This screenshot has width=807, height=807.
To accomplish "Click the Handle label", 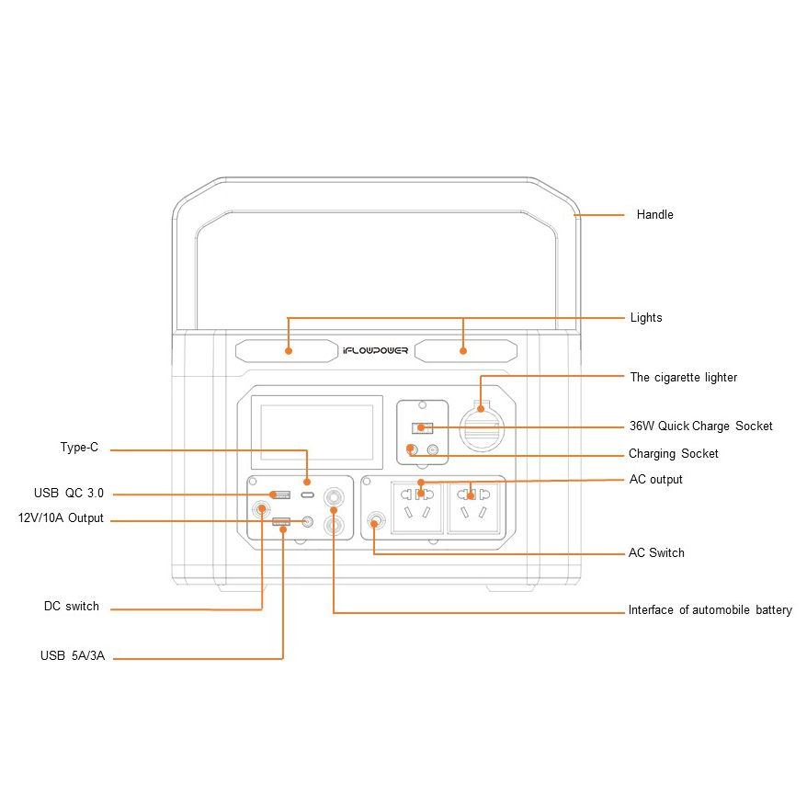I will tap(654, 215).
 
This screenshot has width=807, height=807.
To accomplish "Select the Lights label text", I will tap(645, 318).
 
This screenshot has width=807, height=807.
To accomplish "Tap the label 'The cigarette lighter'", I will tap(683, 378).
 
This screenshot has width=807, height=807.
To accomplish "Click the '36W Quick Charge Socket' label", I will tap(700, 426).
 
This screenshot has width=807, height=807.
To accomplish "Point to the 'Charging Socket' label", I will tap(673, 454).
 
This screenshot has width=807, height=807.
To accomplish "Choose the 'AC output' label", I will tap(655, 480).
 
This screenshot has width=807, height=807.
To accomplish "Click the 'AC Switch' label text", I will tap(656, 553).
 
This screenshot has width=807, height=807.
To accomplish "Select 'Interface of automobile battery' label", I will tap(710, 610).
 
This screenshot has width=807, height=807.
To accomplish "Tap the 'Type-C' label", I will tap(78, 449).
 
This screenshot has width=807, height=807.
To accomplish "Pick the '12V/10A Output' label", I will tap(61, 519).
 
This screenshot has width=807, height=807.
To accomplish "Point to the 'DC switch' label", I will tap(71, 608).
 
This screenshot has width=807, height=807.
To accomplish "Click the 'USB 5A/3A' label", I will tap(72, 657).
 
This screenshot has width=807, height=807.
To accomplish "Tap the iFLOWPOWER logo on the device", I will tap(375, 351).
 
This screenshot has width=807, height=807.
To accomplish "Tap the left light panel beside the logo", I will tap(286, 351).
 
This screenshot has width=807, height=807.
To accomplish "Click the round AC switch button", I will tap(374, 524).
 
